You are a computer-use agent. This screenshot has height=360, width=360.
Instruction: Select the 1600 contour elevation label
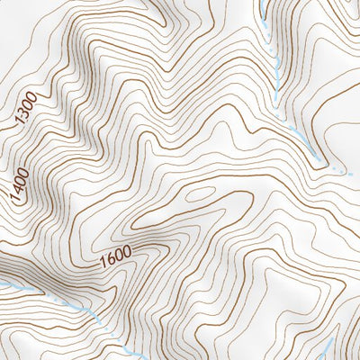[118, 258]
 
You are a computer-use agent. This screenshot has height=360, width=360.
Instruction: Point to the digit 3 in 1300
[24, 118]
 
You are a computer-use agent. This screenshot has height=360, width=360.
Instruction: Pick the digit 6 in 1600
[112, 260]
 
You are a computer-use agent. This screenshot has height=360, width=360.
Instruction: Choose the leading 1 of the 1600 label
[104, 262]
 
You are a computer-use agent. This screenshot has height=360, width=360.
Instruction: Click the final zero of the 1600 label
[131, 255]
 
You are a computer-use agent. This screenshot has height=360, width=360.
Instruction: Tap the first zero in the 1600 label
[122, 257]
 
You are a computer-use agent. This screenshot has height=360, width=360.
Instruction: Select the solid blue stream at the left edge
[11, 285]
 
